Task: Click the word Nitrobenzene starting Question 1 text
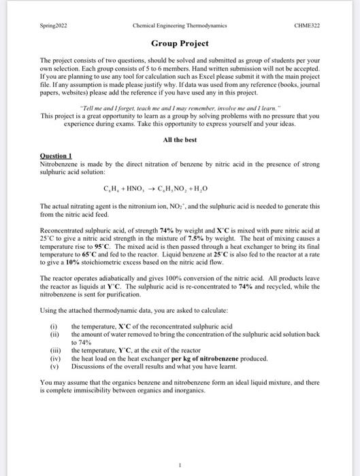tap(59, 164)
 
